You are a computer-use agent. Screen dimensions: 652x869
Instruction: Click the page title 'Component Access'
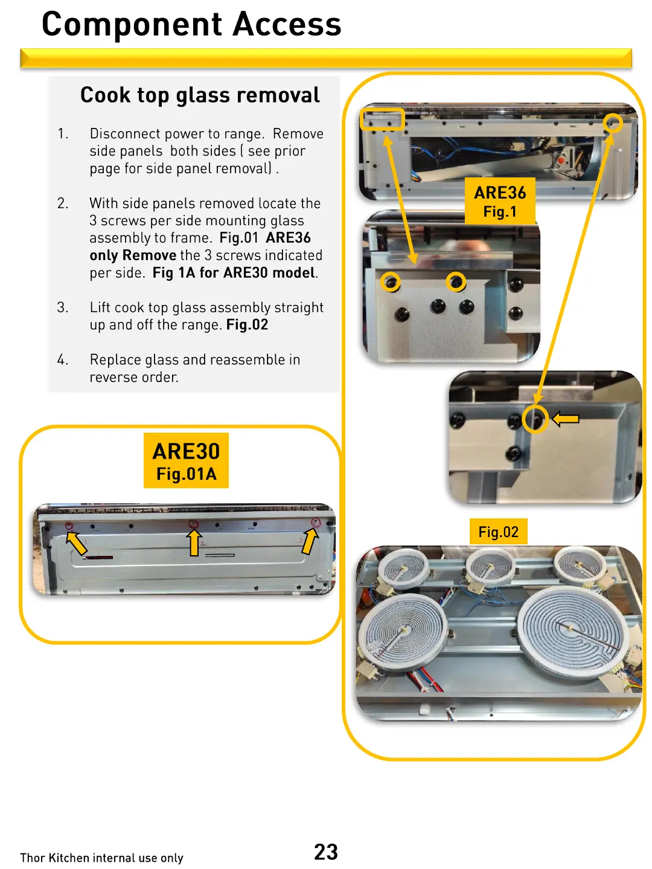point(191,25)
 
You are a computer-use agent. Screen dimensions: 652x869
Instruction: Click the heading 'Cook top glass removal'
point(200,95)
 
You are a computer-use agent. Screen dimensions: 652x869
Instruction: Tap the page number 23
point(325,851)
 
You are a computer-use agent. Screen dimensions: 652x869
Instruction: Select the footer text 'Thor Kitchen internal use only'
point(101,858)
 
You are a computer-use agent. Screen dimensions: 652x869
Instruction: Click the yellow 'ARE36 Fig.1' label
point(500,201)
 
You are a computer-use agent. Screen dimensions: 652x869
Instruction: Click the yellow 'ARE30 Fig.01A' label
point(186,460)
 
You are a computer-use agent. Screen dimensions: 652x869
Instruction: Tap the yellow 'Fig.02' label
point(498,532)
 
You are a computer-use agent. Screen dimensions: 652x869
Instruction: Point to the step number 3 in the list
point(63,307)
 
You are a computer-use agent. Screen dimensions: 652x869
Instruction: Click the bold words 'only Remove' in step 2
point(133,255)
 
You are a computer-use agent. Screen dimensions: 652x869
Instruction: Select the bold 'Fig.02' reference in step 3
point(247,325)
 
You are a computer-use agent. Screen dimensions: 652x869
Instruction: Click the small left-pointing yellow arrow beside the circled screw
point(566,419)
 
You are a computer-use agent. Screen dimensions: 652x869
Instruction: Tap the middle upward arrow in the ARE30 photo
point(194,542)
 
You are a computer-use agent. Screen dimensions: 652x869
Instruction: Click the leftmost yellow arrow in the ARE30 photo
point(76,542)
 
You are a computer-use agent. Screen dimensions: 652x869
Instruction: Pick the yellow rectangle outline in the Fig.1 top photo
point(382,119)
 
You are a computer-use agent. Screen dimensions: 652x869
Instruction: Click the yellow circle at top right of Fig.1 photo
point(613,123)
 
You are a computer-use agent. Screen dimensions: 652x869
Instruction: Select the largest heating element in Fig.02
point(570,631)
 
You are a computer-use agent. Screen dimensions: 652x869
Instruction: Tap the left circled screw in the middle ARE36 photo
point(391,281)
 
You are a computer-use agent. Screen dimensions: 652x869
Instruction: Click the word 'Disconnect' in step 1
point(125,133)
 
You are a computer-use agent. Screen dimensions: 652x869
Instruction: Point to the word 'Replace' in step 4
point(115,360)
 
